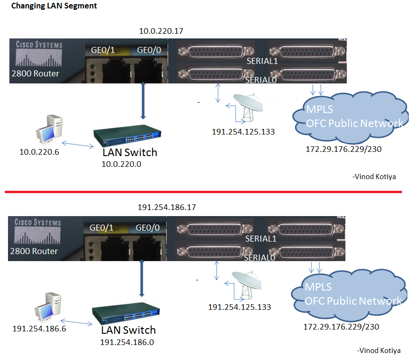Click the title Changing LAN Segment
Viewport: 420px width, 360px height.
click(x=54, y=7)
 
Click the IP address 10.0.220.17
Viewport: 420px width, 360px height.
click(x=161, y=31)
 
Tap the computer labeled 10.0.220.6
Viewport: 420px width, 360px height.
click(x=50, y=129)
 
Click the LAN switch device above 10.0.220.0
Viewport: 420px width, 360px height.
click(x=128, y=136)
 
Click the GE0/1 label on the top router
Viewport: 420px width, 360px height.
click(x=99, y=50)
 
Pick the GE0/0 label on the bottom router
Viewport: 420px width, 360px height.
click(x=147, y=228)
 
